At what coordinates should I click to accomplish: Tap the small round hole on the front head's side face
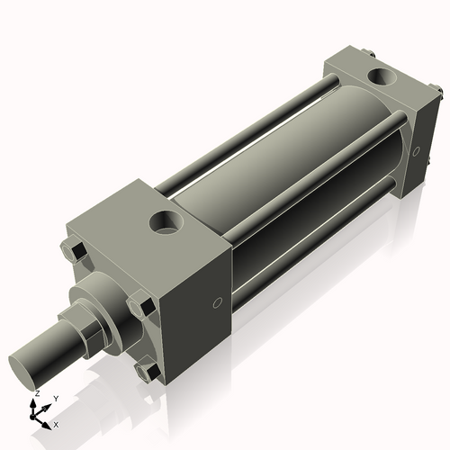click(x=217, y=303)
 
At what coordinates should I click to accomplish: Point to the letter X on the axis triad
click(x=56, y=423)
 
